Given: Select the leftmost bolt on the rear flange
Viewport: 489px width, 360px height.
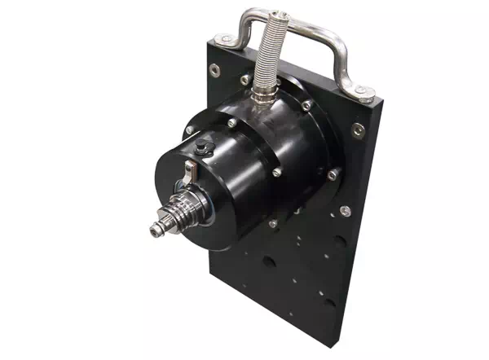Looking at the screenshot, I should point(189,130).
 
